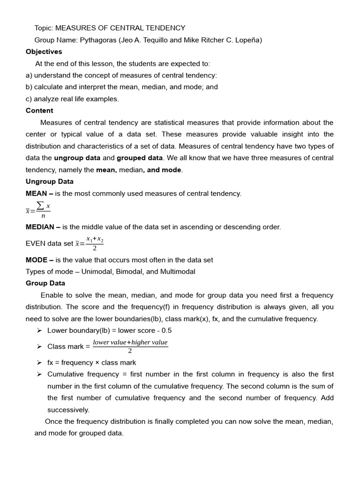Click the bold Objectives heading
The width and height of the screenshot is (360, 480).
pyautogui.click(x=44, y=52)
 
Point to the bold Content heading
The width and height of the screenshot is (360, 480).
pyautogui.click(x=39, y=111)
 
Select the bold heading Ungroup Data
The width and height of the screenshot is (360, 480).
pyautogui.click(x=49, y=181)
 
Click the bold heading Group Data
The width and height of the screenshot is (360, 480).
pyautogui.click(x=45, y=283)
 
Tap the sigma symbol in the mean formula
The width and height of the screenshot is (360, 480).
pyautogui.click(x=41, y=206)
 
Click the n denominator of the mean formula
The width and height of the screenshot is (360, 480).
pyautogui.click(x=43, y=216)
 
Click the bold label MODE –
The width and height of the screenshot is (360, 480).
pyautogui.click(x=39, y=260)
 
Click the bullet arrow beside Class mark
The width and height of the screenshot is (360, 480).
pyautogui.click(x=39, y=346)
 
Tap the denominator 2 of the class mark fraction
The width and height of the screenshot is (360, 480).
pyautogui.click(x=130, y=351)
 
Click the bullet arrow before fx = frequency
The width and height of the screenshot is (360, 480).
pyautogui.click(x=39, y=362)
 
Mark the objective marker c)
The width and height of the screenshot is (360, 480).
pyautogui.click(x=29, y=99)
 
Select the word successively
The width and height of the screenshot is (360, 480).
pyautogui.click(x=68, y=410)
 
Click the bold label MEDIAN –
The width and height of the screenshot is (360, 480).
pyautogui.click(x=43, y=227)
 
